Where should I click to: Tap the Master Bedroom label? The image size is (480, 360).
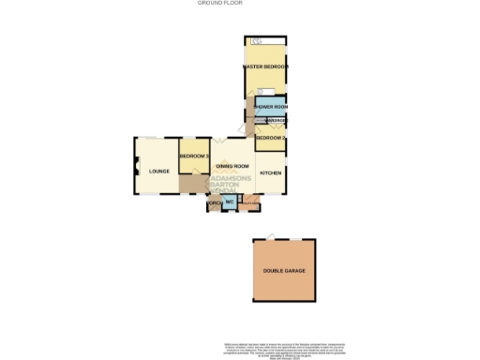264,67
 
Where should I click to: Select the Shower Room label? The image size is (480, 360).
271,108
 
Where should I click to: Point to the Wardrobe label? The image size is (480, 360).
275,122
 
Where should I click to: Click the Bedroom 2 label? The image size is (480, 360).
271,138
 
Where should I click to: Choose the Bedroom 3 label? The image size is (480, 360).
193,155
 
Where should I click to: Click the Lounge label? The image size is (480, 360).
157,171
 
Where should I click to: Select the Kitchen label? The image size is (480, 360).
270,173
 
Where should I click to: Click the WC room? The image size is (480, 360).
228,202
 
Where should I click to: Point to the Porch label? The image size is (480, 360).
214,203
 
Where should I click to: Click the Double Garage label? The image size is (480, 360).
284,270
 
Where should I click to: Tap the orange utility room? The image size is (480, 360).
248,202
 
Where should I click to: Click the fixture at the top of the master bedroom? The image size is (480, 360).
258,42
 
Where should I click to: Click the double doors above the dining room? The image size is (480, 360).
217,142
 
